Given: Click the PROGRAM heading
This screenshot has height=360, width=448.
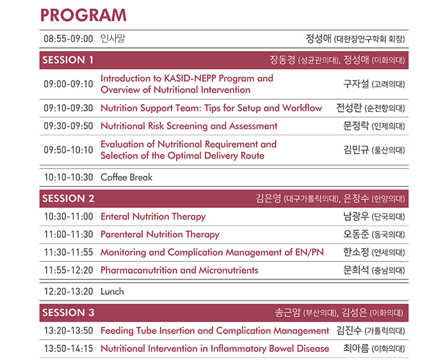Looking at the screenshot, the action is [83, 15].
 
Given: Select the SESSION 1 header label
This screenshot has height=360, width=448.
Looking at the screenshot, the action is [68, 60].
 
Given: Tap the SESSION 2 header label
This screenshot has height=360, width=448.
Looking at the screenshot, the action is [68, 198].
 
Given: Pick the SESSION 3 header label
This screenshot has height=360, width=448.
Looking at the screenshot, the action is [68, 313].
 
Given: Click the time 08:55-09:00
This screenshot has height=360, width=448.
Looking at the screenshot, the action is [68, 38].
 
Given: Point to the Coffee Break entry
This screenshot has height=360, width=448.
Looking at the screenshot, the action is [127, 177].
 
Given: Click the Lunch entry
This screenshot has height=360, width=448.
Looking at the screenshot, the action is [112, 292].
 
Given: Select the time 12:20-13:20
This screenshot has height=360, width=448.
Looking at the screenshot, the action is [68, 292].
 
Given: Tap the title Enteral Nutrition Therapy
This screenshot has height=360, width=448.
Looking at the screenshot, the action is [153, 217].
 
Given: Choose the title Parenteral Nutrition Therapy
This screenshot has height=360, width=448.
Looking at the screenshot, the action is [160, 235].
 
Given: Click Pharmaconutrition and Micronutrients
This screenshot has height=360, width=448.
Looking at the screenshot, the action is [179, 270].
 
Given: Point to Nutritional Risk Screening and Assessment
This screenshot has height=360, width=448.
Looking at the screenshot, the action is [189, 126].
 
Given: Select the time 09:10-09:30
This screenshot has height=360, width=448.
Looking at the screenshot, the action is [68, 108].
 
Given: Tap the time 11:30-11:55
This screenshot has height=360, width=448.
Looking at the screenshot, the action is [68, 253].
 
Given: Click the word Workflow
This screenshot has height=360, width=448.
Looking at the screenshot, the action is [302, 108].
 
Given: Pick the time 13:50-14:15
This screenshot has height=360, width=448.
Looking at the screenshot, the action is [68, 348].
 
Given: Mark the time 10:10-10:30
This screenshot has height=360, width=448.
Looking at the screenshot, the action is [68, 177].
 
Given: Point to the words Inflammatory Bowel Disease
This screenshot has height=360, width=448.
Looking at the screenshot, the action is [269, 348].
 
